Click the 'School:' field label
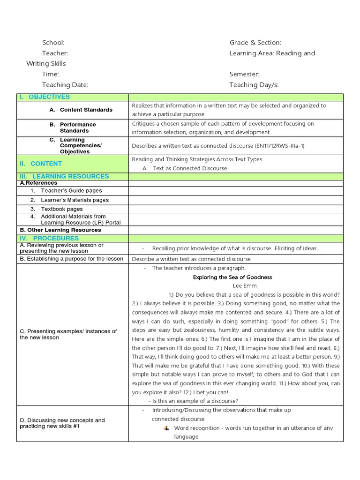53,43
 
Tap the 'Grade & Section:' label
255,43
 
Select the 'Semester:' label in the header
244,74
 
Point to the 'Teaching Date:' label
65,85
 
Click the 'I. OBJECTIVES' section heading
45,97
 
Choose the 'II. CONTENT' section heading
41,164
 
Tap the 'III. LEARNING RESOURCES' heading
64,176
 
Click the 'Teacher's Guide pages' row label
71,191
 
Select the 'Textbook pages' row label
62,209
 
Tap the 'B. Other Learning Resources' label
60,230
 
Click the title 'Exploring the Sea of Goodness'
232,277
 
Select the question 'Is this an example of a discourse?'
193,401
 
